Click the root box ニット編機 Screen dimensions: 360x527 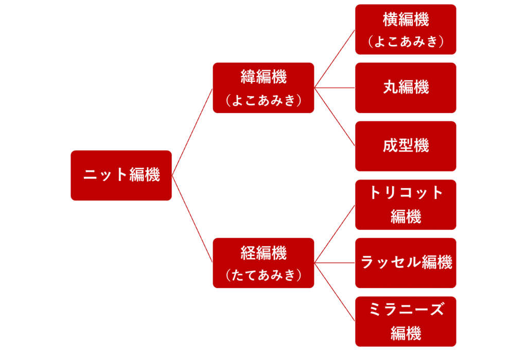[x=121, y=175]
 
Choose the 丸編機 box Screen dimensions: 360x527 [x=406, y=87]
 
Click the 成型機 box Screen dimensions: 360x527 [x=406, y=146]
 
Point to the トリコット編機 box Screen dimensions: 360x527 [x=406, y=205]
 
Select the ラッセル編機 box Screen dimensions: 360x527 [x=406, y=263]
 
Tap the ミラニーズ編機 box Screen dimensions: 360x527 [x=406, y=321]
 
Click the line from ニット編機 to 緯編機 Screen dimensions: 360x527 [x=192, y=132]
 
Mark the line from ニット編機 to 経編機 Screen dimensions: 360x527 [x=192, y=219]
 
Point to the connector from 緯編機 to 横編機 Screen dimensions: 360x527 [x=335, y=59]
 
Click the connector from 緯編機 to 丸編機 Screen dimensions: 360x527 [x=335, y=87]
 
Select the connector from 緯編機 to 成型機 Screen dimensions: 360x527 [x=335, y=117]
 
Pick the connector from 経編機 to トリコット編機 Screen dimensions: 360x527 [x=335, y=234]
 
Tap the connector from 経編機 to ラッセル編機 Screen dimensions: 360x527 [x=335, y=263]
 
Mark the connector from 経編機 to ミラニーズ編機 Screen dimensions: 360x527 [x=335, y=292]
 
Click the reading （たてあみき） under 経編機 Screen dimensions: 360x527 [x=263, y=275]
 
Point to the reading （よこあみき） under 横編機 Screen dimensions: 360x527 [x=406, y=42]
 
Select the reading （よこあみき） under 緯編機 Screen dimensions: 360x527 [x=263, y=100]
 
